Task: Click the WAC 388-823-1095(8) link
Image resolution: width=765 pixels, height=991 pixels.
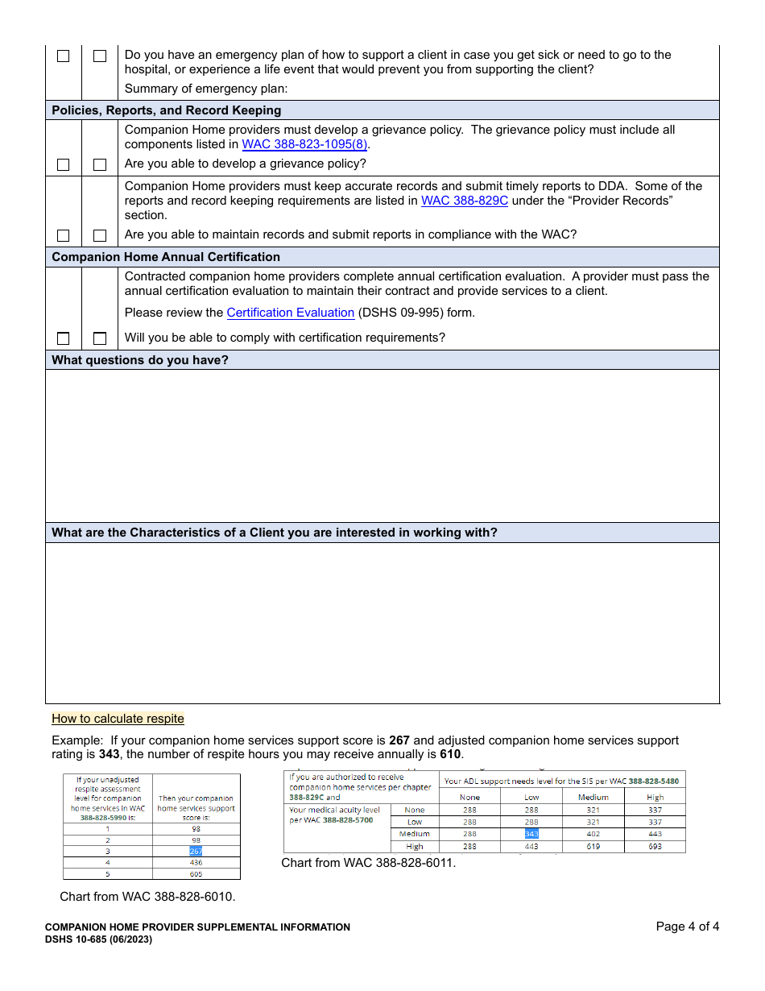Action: click(x=304, y=145)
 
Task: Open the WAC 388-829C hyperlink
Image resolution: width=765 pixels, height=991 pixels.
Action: click(x=465, y=201)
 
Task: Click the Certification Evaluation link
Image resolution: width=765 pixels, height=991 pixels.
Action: click(x=291, y=313)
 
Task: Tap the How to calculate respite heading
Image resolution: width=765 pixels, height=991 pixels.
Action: click(x=118, y=719)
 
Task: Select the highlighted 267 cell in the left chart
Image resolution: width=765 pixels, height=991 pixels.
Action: click(x=196, y=851)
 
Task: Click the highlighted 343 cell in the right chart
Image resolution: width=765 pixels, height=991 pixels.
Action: click(x=531, y=834)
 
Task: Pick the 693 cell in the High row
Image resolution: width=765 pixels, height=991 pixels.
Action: click(x=655, y=847)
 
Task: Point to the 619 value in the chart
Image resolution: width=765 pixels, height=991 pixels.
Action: click(x=593, y=847)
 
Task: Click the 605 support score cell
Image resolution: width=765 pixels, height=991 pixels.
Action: click(x=196, y=873)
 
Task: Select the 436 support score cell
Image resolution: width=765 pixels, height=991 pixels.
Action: click(x=196, y=862)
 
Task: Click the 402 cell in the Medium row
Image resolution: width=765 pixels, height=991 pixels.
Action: click(x=593, y=834)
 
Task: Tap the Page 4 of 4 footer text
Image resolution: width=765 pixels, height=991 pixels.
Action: click(x=687, y=927)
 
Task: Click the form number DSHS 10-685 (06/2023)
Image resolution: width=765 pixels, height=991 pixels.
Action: click(x=98, y=939)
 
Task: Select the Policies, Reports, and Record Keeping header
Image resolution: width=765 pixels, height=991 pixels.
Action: click(x=167, y=110)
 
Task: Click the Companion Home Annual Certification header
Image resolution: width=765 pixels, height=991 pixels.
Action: click(x=166, y=257)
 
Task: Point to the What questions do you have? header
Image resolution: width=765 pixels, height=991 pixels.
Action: click(x=140, y=360)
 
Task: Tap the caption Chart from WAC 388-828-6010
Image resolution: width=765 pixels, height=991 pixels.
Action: click(x=147, y=897)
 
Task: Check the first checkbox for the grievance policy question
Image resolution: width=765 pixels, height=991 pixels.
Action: click(x=64, y=164)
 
